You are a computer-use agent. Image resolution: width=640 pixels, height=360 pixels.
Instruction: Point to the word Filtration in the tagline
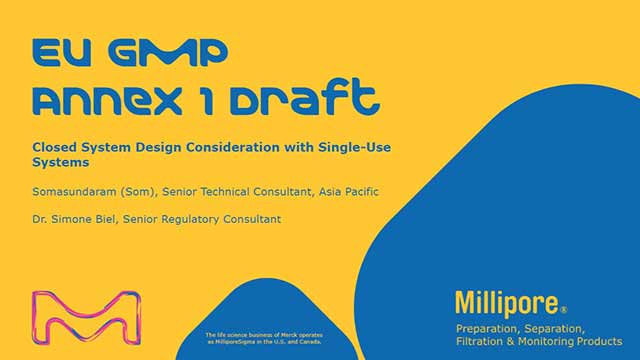[x=484, y=342]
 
